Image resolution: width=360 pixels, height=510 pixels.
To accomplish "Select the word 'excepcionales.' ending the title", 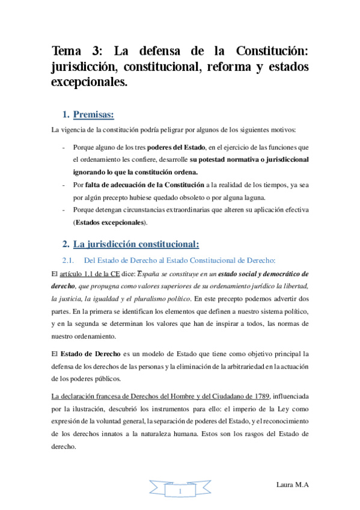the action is pyautogui.click(x=90, y=82).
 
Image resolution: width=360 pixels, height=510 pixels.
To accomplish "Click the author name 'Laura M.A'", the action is pyautogui.click(x=292, y=484).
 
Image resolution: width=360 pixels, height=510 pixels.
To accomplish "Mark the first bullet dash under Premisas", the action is pyautogui.click(x=64, y=147).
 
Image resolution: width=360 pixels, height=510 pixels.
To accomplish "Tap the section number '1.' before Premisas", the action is pyautogui.click(x=66, y=114).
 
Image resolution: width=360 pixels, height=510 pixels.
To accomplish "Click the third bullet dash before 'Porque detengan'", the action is pyautogui.click(x=64, y=210).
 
